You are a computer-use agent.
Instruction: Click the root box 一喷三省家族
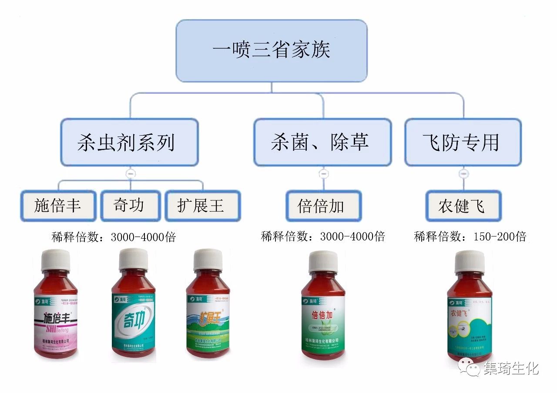point(271,50)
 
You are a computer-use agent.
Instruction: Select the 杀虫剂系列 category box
point(129,142)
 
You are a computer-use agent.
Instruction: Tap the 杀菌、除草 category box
point(322,142)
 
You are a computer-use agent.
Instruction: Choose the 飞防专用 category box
point(463,142)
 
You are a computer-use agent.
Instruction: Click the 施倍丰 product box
point(58,206)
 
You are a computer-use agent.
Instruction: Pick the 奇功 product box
point(129,206)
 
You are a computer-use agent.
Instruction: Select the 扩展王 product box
point(202,206)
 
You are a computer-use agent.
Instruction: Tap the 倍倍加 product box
point(323,206)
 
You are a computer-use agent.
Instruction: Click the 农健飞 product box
point(463,206)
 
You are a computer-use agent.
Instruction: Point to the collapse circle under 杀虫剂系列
point(130,174)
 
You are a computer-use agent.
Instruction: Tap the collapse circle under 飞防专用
point(464,174)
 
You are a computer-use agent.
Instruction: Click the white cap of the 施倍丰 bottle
point(56,260)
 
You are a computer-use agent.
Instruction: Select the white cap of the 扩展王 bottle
point(208,259)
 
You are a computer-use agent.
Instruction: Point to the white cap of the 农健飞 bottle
point(470,261)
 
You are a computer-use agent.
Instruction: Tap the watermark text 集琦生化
point(512,368)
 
